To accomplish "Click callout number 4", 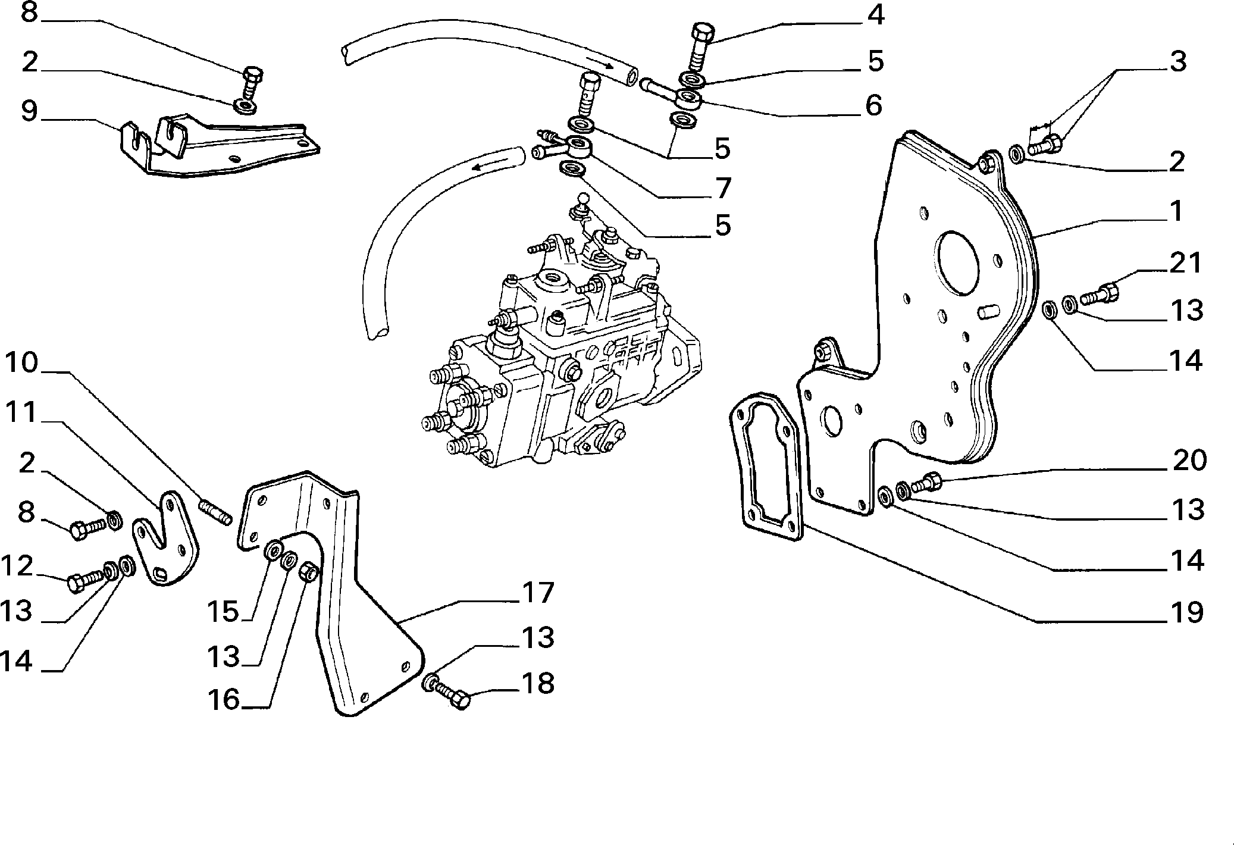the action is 875,16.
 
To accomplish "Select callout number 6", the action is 873,105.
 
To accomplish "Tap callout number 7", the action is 723,189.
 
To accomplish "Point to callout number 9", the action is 30,111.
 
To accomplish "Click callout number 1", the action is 1176,212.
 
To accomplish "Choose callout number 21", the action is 1186,263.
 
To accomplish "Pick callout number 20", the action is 1189,460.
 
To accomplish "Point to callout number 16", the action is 224,700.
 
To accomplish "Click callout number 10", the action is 22,363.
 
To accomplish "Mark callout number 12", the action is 17,566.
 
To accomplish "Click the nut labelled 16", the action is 308,572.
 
